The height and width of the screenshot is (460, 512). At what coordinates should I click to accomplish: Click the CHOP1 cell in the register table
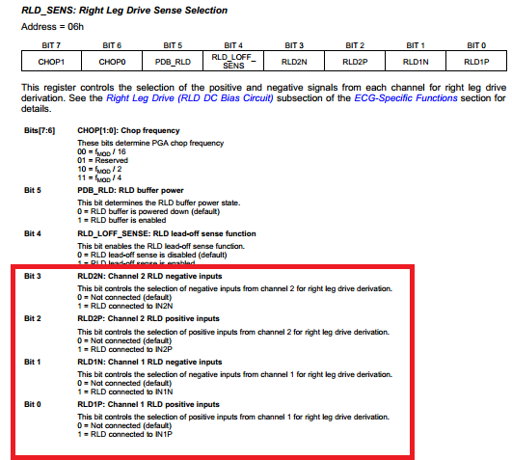pos(52,62)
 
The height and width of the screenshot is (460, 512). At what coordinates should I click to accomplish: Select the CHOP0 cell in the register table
pos(112,62)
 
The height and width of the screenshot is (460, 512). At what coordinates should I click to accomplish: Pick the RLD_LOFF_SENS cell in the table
pos(232,62)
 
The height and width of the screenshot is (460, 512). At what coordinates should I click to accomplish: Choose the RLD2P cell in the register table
pos(353,62)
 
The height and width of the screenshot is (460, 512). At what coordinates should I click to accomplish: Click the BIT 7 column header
pos(52,45)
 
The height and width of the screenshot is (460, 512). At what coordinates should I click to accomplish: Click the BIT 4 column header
pos(232,45)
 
